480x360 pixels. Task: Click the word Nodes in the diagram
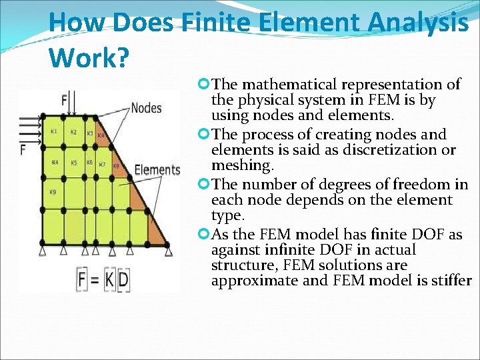tap(146, 107)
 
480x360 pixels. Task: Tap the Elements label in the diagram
tap(157, 169)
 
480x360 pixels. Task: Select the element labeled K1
tap(53, 132)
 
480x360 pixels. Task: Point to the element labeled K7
tap(102, 164)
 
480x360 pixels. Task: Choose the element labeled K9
tap(53, 193)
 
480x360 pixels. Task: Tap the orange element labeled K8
tap(115, 167)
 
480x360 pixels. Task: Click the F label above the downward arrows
tap(65, 101)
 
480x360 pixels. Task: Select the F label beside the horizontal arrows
tap(23, 149)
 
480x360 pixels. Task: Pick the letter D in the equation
tap(123, 279)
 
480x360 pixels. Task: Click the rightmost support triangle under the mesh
tap(169, 251)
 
